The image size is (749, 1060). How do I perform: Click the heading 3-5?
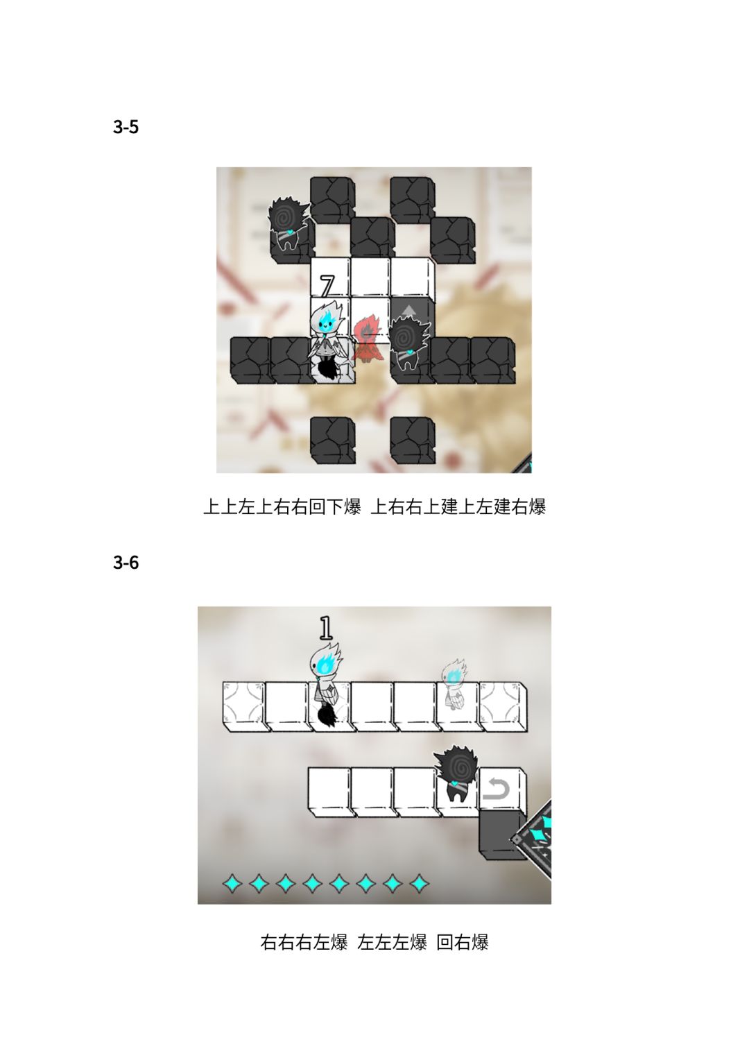pyautogui.click(x=126, y=127)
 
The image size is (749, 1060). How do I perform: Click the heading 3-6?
pyautogui.click(x=126, y=562)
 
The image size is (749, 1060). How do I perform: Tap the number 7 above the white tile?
pyautogui.click(x=327, y=286)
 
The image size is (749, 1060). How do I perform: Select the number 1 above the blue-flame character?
pyautogui.click(x=326, y=628)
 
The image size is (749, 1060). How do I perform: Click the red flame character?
pyautogui.click(x=365, y=339)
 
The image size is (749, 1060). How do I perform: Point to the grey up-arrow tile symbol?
pyautogui.click(x=408, y=310)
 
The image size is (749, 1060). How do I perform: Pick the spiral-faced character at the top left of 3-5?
pyautogui.click(x=289, y=224)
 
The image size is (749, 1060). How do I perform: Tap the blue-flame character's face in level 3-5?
pyautogui.click(x=327, y=323)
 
